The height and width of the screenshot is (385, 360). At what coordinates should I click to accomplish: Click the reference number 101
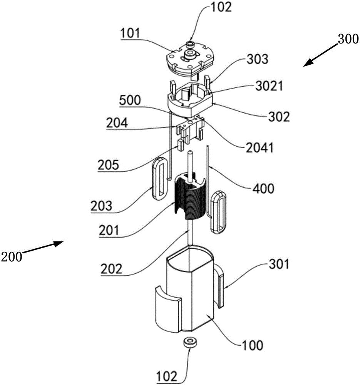pyautogui.click(x=130, y=33)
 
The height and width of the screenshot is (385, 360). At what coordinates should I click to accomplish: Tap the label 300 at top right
pyautogui.click(x=348, y=39)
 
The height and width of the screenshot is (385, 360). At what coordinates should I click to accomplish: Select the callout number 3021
pyautogui.click(x=270, y=86)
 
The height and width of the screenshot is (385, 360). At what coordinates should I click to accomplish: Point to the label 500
pyautogui.click(x=130, y=100)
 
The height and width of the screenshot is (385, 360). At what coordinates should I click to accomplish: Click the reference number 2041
pyautogui.click(x=260, y=147)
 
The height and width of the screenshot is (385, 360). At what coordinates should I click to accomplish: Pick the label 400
pyautogui.click(x=263, y=189)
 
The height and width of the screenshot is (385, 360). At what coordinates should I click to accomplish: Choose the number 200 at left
pyautogui.click(x=12, y=257)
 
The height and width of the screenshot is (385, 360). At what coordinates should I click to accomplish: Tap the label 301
pyautogui.click(x=279, y=264)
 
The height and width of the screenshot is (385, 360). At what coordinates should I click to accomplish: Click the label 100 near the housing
pyautogui.click(x=253, y=345)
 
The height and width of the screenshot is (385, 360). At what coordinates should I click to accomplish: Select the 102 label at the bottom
pyautogui.click(x=166, y=376)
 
